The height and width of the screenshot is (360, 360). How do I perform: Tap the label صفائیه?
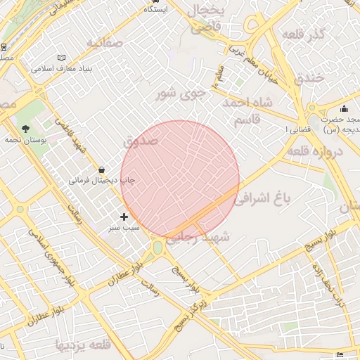point(105,43)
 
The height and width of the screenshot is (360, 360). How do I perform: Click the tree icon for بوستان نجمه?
point(26,129)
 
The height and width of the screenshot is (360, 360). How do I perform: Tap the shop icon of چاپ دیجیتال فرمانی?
point(103,169)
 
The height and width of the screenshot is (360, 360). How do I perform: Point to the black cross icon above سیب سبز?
point(124,217)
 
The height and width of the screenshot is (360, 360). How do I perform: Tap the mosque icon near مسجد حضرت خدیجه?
point(344,108)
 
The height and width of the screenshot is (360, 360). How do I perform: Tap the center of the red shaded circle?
point(180,180)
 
